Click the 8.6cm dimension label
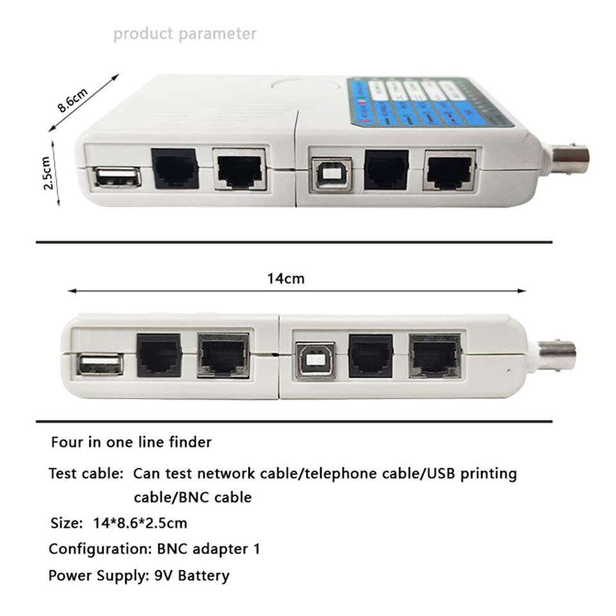(x=72, y=99)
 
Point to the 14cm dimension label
(x=286, y=278)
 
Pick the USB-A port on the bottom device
(x=101, y=366)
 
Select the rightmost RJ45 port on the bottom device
(x=434, y=356)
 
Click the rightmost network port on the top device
(x=449, y=170)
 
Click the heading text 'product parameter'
(x=185, y=33)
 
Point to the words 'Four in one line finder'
(x=132, y=442)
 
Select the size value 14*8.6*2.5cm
(x=140, y=523)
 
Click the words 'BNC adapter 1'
(x=209, y=549)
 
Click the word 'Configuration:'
(x=100, y=549)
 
